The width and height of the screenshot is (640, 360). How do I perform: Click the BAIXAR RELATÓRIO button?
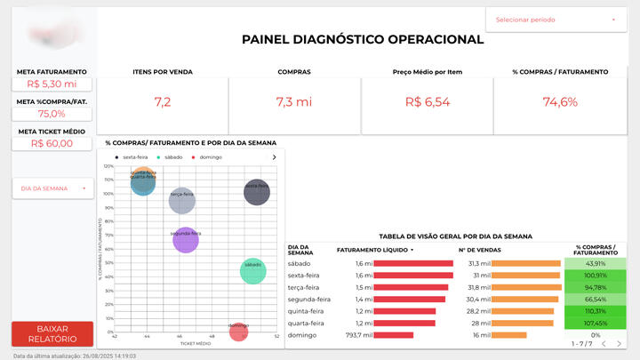(x=51, y=333)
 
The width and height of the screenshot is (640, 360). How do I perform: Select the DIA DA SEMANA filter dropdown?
(x=51, y=188)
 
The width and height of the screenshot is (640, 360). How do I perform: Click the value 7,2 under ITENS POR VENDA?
(x=162, y=102)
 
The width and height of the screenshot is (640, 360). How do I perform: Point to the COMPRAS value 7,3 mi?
(x=294, y=102)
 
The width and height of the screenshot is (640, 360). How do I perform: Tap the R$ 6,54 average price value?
(x=428, y=102)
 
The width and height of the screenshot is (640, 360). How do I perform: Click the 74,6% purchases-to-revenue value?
(x=560, y=102)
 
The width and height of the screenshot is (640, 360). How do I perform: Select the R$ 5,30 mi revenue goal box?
(x=51, y=84)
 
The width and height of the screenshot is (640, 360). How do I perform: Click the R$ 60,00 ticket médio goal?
(x=51, y=143)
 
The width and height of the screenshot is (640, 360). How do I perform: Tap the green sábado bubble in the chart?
(x=253, y=271)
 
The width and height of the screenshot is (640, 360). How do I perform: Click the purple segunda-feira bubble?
(x=185, y=239)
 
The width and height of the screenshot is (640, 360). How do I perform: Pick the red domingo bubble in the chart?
(x=237, y=332)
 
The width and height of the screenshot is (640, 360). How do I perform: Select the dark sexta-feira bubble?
(x=256, y=191)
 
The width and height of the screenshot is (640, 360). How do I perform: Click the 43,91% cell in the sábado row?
(x=596, y=264)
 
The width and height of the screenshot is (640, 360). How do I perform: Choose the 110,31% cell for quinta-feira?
(x=596, y=311)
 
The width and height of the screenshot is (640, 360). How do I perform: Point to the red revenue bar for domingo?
(x=395, y=335)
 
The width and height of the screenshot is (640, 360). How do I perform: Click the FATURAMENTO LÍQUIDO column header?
(x=374, y=250)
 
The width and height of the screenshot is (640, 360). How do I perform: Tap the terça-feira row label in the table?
(x=304, y=287)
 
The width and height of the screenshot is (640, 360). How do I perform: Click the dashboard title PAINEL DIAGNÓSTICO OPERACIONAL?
(x=363, y=39)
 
